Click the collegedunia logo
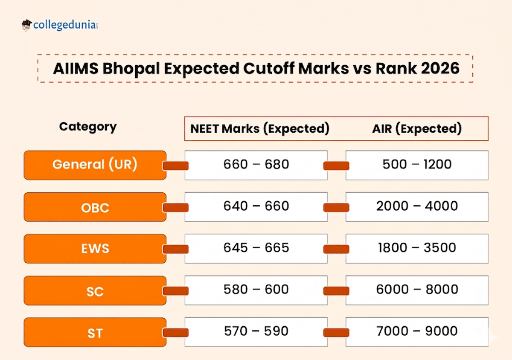(60, 25)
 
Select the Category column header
(87, 127)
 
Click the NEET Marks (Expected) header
(260, 129)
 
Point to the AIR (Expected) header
(417, 129)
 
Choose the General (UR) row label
(95, 165)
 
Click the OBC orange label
(95, 207)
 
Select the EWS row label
(95, 249)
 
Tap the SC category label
(95, 291)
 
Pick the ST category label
(95, 333)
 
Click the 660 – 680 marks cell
(256, 165)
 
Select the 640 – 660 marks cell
(256, 206)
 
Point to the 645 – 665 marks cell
(256, 248)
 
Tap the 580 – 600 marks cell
(256, 290)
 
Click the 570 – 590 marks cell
(256, 331)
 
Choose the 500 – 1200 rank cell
(417, 165)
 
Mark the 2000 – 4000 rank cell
(417, 206)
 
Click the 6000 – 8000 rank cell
(417, 290)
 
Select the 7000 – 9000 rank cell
(417, 331)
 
